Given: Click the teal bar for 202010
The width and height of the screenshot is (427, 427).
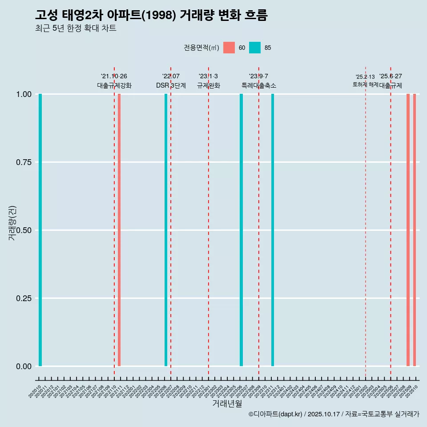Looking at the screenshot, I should point(40,230).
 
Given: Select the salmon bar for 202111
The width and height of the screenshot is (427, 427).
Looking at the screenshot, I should point(119,230).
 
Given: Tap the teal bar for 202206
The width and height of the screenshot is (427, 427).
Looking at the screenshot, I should point(166,230).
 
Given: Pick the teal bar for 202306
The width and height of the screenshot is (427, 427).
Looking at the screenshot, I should point(242,230).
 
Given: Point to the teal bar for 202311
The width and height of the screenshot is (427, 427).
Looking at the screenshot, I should point(273,230).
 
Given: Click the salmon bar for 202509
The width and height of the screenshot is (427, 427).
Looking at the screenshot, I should point(408,230).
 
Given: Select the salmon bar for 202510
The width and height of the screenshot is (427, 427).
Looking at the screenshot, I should point(415,230).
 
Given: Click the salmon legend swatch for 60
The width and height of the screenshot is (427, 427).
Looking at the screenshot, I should point(229,48).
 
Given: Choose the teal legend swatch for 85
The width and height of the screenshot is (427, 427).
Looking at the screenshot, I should point(255,48).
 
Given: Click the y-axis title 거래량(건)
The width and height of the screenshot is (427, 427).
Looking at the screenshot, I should point(12,223).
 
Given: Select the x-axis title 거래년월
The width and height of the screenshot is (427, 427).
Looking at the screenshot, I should point(227,403).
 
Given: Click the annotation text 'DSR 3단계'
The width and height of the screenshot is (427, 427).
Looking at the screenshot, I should point(171,85).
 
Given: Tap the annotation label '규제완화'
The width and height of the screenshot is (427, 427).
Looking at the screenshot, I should point(208,85).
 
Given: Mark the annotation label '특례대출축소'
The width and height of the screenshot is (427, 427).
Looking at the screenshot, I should point(259,85).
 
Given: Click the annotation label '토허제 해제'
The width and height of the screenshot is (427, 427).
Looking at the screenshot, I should point(365,85).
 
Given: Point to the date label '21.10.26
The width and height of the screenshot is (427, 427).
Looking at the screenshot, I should point(114,77).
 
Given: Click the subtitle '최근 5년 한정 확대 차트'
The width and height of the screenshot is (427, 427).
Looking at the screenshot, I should point(76,28).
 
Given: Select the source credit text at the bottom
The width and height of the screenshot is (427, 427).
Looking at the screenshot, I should point(334,414).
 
